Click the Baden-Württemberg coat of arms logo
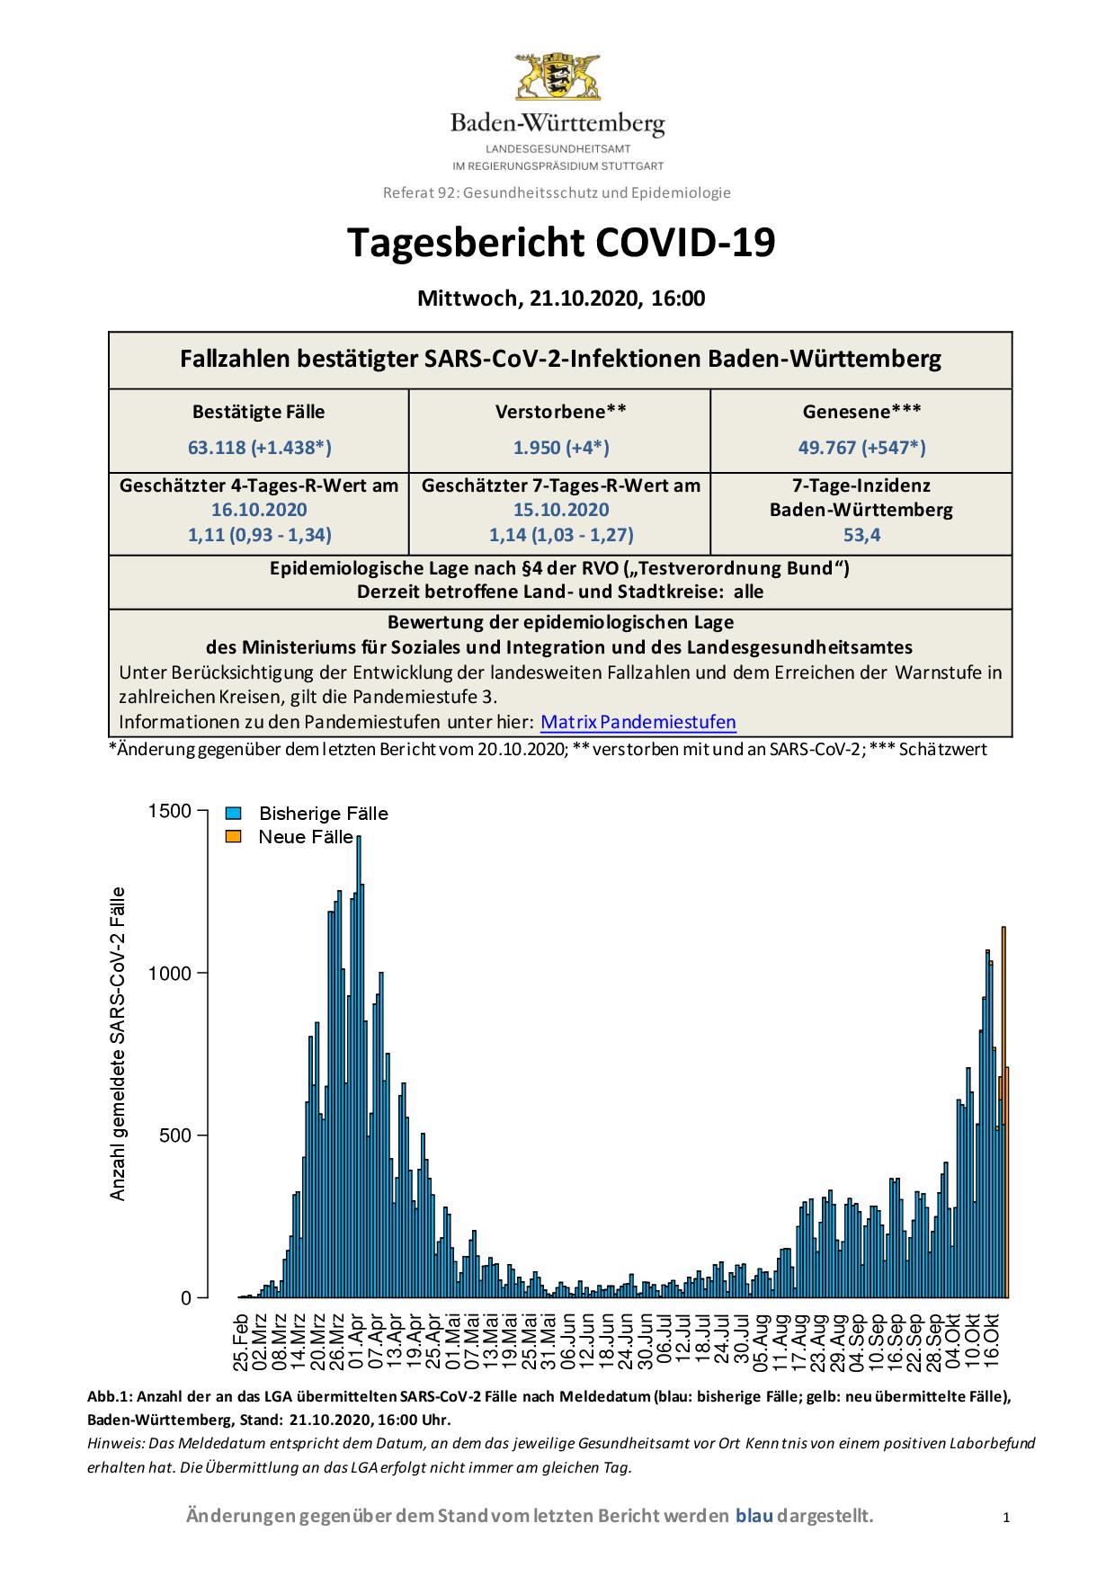click(557, 76)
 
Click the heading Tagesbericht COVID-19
click(560, 243)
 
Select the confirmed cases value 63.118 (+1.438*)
click(259, 447)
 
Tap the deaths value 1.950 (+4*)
click(560, 447)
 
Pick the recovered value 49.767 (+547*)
click(861, 447)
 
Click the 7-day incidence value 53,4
click(861, 535)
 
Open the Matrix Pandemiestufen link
click(638, 722)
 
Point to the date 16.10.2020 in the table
click(259, 510)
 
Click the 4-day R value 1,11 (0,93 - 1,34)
click(259, 535)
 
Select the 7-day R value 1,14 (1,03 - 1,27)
click(560, 535)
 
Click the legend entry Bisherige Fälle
click(323, 814)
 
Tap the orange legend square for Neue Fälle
click(234, 837)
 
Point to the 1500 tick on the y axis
click(170, 811)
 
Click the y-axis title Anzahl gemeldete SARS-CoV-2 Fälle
click(118, 1044)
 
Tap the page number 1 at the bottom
click(1006, 1518)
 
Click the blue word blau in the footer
click(754, 1517)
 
